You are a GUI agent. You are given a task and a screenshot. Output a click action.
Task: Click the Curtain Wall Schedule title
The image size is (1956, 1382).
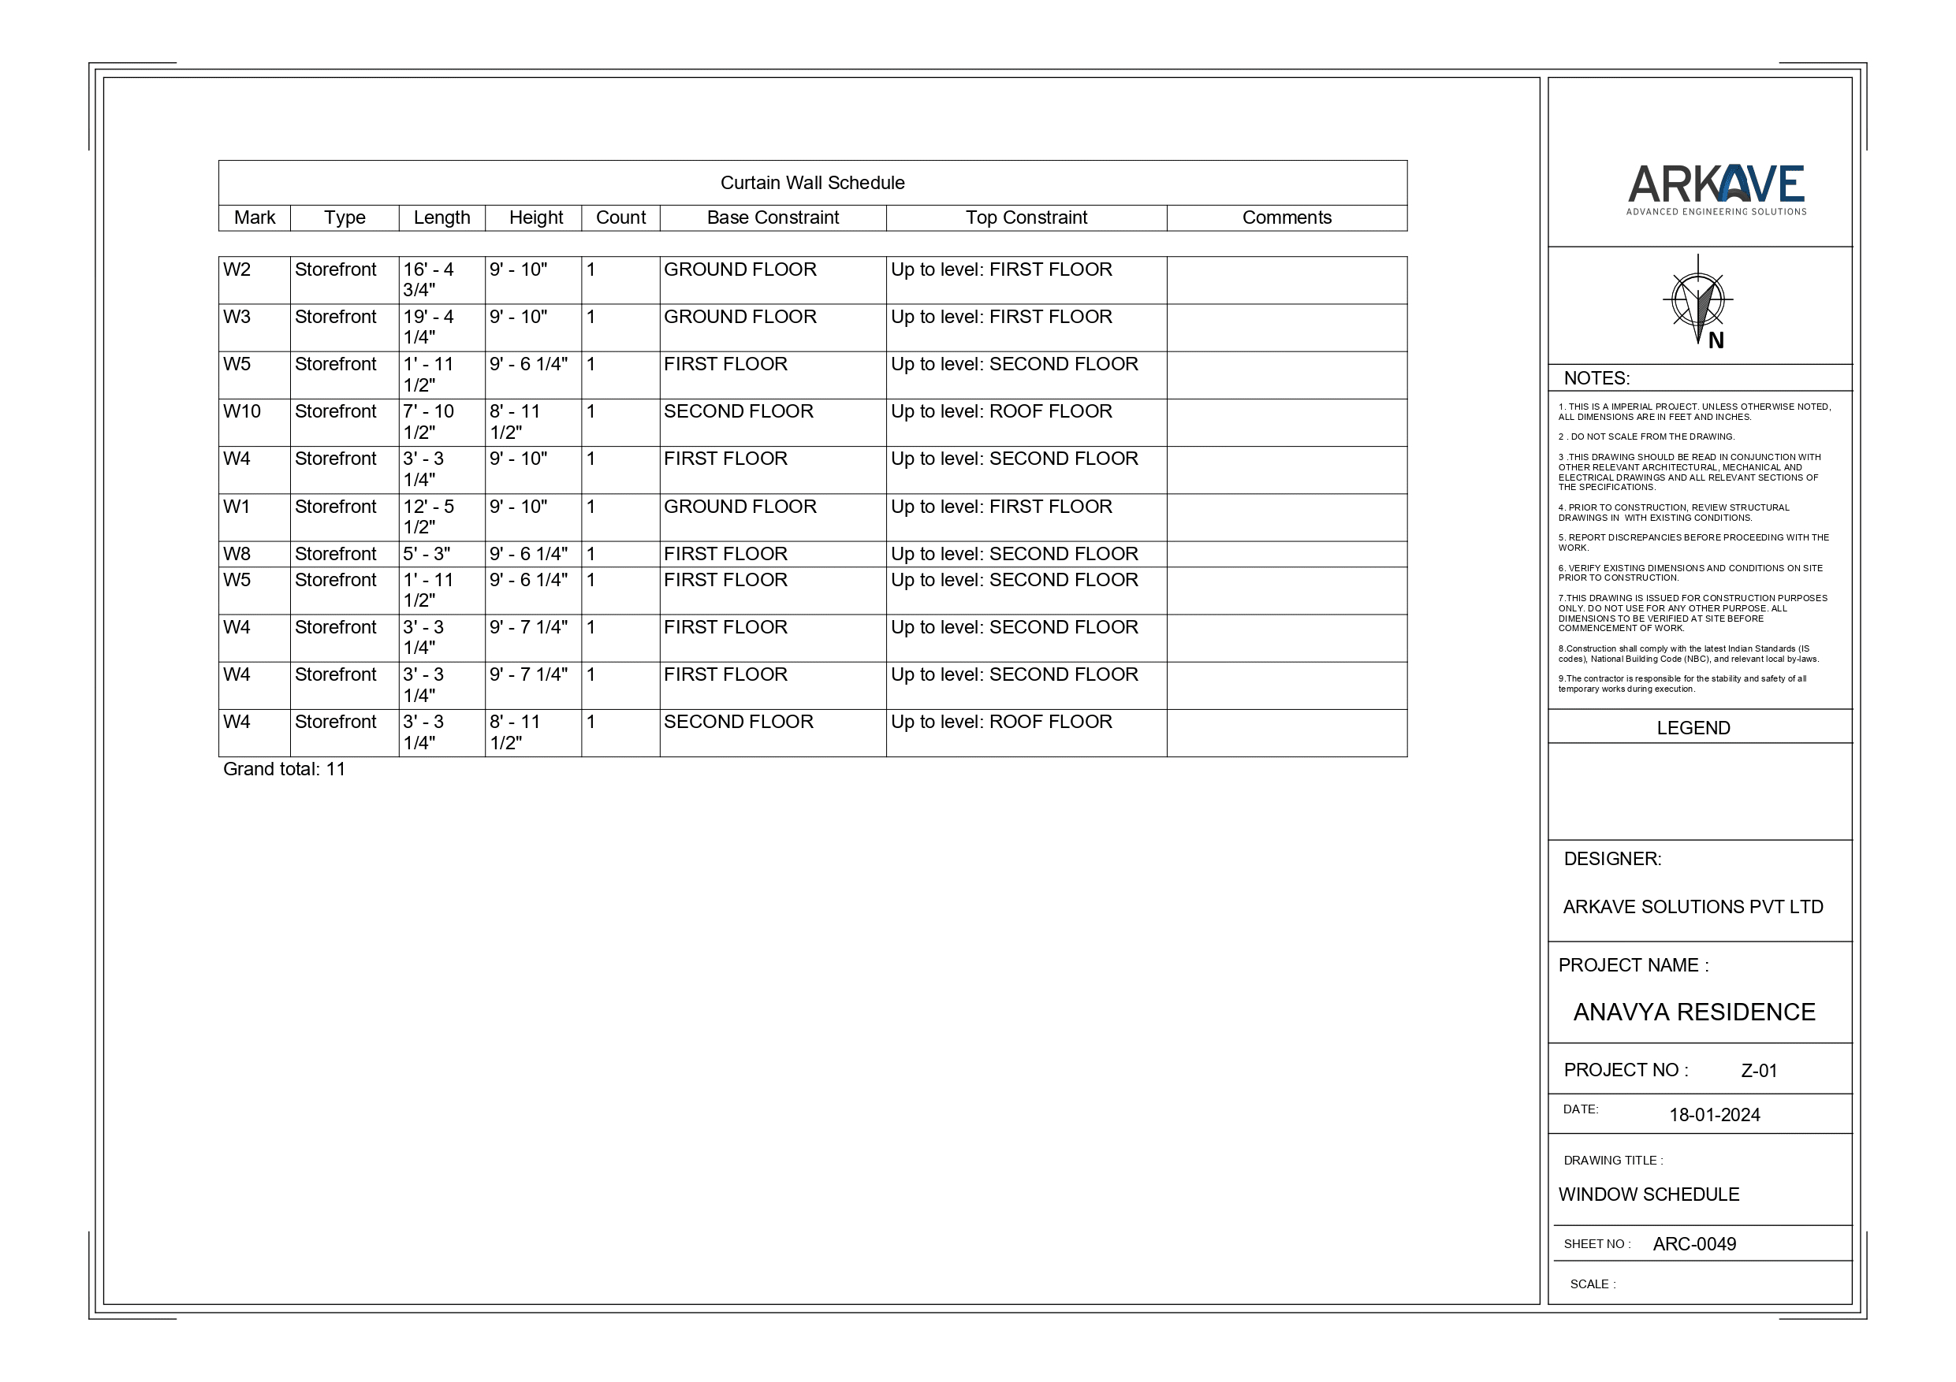[812, 183]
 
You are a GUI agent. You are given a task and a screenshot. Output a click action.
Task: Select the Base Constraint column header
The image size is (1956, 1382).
[773, 218]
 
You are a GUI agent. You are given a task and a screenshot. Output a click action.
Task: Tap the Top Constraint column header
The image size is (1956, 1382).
[1026, 218]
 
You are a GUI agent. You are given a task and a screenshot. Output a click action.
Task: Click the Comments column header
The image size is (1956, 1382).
[1287, 218]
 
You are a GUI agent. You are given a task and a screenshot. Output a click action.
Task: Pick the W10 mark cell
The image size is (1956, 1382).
[242, 412]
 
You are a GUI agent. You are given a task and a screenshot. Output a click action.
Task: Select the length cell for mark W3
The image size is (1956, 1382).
[429, 327]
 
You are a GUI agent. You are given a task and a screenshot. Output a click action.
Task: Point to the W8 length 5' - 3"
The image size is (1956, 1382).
[427, 555]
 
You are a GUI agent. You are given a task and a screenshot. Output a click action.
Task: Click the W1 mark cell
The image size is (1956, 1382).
[237, 507]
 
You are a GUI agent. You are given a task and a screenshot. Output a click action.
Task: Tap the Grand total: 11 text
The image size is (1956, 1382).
[285, 770]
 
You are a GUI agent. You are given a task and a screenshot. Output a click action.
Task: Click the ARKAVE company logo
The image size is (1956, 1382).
[1716, 190]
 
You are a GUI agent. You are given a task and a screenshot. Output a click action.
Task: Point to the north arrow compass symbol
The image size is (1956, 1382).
[1699, 303]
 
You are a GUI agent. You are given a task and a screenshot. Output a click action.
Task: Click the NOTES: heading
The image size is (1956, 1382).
[1596, 379]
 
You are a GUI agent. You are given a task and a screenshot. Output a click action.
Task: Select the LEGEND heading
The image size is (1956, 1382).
[1693, 729]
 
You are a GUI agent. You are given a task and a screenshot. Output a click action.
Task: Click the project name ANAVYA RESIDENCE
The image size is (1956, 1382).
[1693, 1012]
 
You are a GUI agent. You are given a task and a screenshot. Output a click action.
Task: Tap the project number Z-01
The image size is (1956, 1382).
[1758, 1072]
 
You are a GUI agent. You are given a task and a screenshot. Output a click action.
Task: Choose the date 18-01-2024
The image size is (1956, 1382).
[1714, 1116]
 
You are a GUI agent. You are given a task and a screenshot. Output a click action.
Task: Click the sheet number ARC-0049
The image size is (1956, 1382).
[1693, 1245]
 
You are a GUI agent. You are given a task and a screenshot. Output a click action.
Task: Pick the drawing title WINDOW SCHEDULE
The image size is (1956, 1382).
[1649, 1194]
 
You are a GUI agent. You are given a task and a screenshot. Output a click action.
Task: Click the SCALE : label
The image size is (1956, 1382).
[1593, 1285]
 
